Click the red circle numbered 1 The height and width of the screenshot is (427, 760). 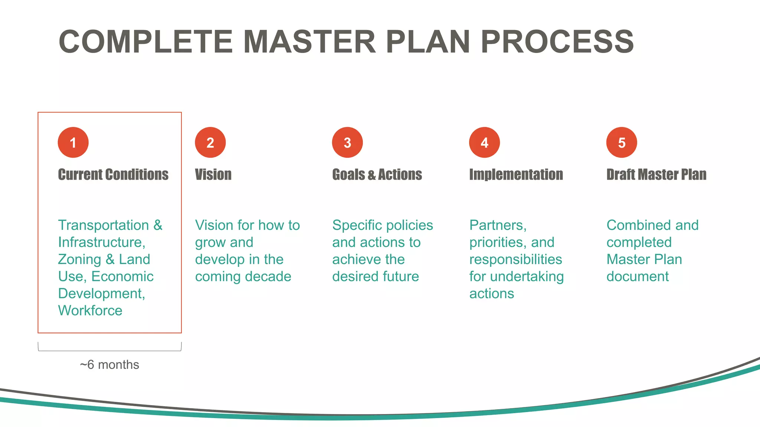coord(73,143)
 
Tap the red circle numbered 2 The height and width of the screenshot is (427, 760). coord(210,143)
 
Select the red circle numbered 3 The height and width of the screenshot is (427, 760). coord(347,143)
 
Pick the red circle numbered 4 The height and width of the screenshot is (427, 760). coord(484,143)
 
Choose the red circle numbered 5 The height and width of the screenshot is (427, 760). coord(622,143)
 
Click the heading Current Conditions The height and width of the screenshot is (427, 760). coord(113,175)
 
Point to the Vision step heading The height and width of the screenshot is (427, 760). coord(213,175)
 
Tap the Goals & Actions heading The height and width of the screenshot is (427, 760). coord(377,175)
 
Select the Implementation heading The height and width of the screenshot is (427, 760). coord(516,175)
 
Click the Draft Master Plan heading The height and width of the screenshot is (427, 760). coord(656,175)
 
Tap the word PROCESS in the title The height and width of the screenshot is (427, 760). coord(557,42)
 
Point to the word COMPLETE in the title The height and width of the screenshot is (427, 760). coord(145,42)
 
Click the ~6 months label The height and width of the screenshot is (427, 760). coord(109,365)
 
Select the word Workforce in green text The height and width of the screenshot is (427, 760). coord(90,311)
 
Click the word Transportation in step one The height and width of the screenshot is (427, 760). coord(104,225)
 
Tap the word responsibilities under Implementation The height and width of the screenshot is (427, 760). coord(515,259)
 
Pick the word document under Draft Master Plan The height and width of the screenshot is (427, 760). coord(638,277)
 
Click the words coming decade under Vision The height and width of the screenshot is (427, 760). coord(243,277)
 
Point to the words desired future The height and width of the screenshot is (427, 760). coord(376,277)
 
